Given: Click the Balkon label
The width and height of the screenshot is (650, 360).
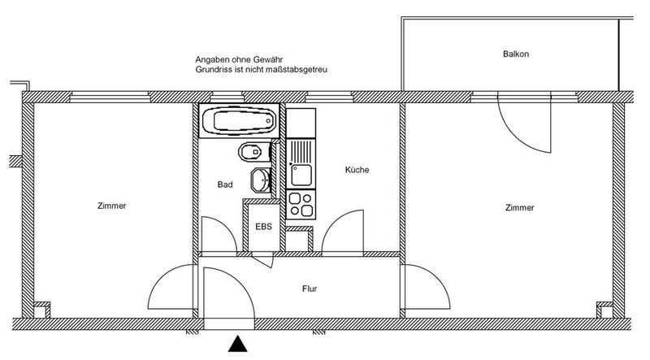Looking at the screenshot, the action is point(516,54).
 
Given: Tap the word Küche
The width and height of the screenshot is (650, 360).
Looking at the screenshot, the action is point(357,170).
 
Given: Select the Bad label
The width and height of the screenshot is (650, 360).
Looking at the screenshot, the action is point(225,184).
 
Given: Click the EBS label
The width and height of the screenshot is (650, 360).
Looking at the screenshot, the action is point(263,227).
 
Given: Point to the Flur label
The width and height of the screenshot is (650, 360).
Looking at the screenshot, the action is point(310,288).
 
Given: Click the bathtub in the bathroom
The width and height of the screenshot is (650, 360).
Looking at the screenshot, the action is point(239,120).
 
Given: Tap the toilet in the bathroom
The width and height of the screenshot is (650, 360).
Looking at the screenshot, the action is point(253,152).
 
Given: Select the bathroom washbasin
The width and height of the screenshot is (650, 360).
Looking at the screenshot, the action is point(261,180).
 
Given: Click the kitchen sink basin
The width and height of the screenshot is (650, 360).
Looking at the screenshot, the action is point(301,175).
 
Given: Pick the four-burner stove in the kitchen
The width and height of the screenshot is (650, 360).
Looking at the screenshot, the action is point(301,205).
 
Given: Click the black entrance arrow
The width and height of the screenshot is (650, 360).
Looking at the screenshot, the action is point(238,344).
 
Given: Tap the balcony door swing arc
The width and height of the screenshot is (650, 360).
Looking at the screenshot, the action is point(518,135).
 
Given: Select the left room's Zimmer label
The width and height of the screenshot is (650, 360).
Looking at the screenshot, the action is point(112,206).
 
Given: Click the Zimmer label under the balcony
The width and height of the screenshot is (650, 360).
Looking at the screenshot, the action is point(520,207).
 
